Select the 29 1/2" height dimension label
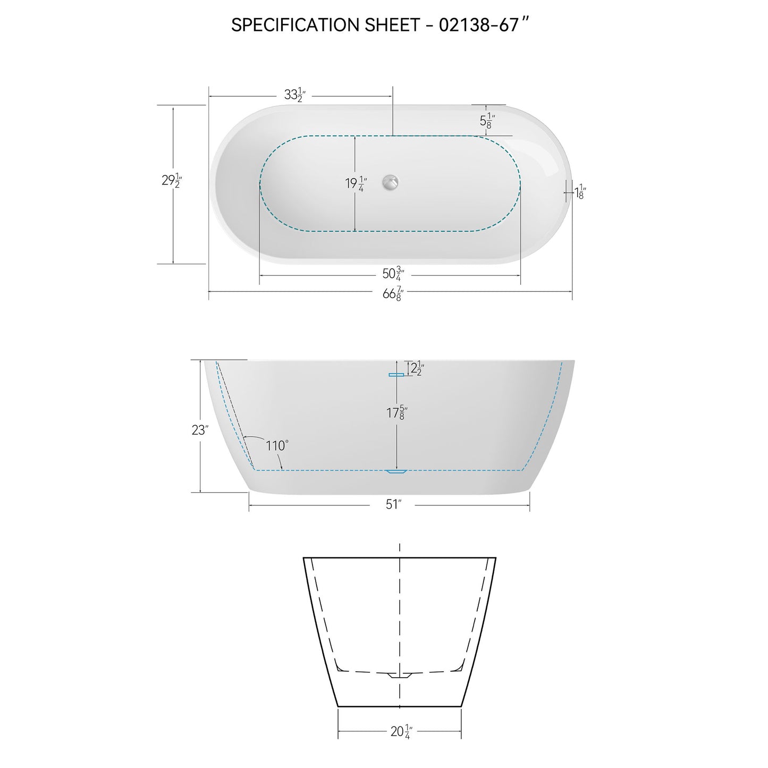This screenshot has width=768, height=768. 172,180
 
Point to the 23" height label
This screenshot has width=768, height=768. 199,430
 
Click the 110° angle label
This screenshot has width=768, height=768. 277,445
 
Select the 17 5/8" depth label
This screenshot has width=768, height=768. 396,412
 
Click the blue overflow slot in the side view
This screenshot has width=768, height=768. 396,375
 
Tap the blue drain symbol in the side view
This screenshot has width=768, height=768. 396,471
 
